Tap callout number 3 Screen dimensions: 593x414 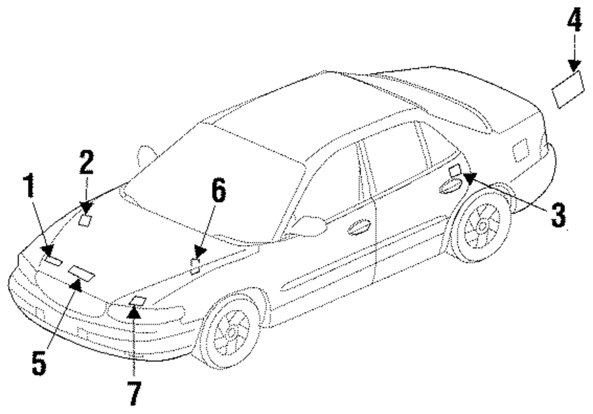point(557,214)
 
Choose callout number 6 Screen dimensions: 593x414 point(219,193)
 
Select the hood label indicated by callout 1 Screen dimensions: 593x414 point(53,260)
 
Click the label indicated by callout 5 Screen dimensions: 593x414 point(81,272)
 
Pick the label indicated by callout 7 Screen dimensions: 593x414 point(137,301)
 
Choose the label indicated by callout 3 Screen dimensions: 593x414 point(455,171)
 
